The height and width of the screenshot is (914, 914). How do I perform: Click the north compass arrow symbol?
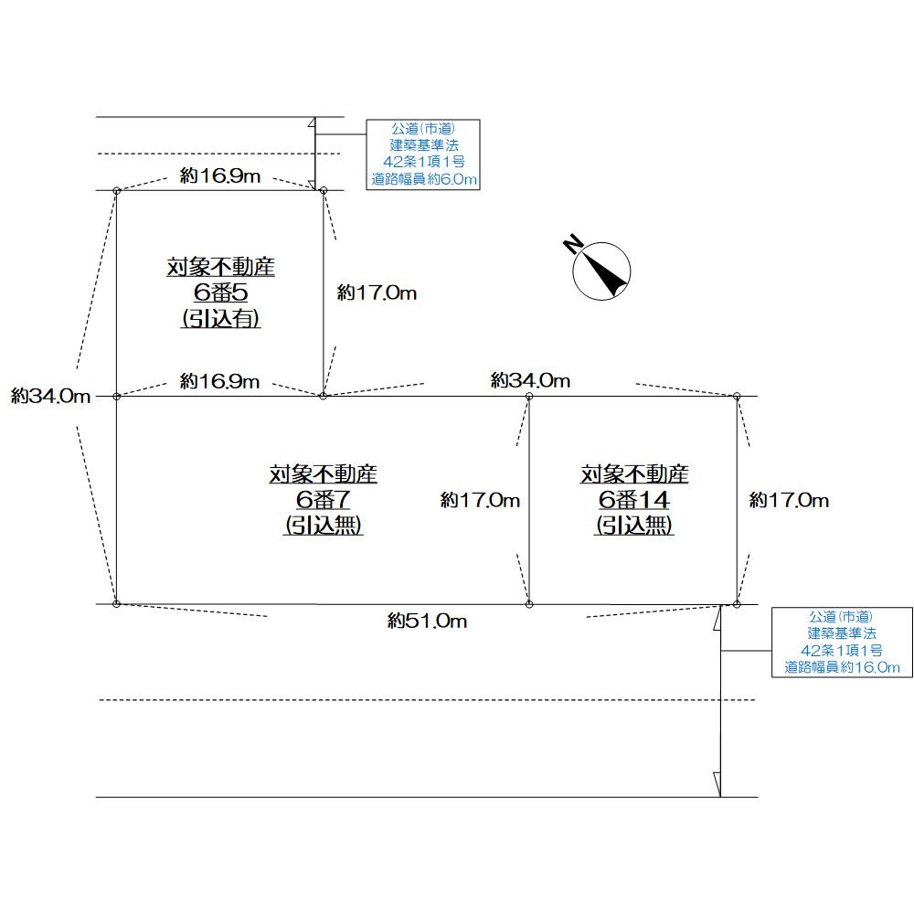tap(600, 269)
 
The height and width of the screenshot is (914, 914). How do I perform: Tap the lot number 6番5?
tap(220, 293)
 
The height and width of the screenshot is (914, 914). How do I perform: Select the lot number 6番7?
tap(324, 500)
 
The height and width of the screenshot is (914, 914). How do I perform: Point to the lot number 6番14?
tap(634, 500)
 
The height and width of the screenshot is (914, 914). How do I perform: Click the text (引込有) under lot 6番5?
tap(220, 319)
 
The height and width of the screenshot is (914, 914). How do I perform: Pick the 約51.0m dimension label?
tap(427, 622)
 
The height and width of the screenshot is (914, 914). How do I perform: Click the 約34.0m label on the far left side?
tap(51, 396)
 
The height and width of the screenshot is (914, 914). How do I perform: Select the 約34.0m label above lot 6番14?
tap(530, 380)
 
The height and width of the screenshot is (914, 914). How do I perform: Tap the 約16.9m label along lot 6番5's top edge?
tap(219, 176)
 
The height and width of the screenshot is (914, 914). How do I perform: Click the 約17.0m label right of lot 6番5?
tap(377, 293)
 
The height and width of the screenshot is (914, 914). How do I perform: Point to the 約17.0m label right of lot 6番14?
tap(789, 500)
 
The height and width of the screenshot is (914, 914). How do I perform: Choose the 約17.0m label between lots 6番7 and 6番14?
tap(480, 500)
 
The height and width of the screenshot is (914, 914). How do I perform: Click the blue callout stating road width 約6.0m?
tap(423, 154)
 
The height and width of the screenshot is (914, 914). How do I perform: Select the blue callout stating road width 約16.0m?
tap(842, 642)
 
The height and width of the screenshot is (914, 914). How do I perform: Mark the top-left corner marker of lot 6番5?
tap(116, 190)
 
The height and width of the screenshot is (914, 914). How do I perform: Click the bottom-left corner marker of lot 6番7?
tap(116, 604)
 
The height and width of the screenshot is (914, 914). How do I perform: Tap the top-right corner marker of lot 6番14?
tap(737, 396)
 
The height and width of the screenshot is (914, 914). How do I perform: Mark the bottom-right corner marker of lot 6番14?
tap(737, 604)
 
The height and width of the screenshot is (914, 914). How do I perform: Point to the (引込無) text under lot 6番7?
tap(324, 526)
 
